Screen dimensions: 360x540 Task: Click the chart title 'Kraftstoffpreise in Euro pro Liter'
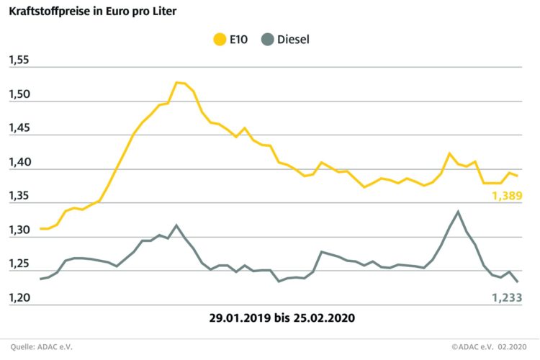[93, 12]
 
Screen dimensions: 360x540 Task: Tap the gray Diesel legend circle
[285, 39]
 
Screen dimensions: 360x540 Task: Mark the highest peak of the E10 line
[177, 82]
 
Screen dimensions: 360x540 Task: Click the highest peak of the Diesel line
[458, 211]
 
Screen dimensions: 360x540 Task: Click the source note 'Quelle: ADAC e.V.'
[41, 346]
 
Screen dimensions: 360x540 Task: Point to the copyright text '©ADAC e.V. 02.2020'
[495, 346]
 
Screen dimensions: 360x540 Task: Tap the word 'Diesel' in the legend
[313, 39]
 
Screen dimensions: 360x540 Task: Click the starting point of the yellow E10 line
[40, 228]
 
